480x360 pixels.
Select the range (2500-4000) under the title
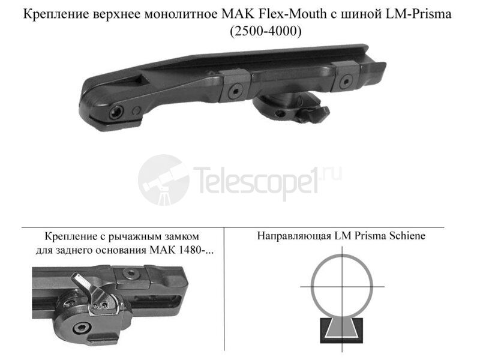(266, 31)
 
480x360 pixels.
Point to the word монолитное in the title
(186, 14)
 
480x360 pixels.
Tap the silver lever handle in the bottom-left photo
(80, 283)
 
